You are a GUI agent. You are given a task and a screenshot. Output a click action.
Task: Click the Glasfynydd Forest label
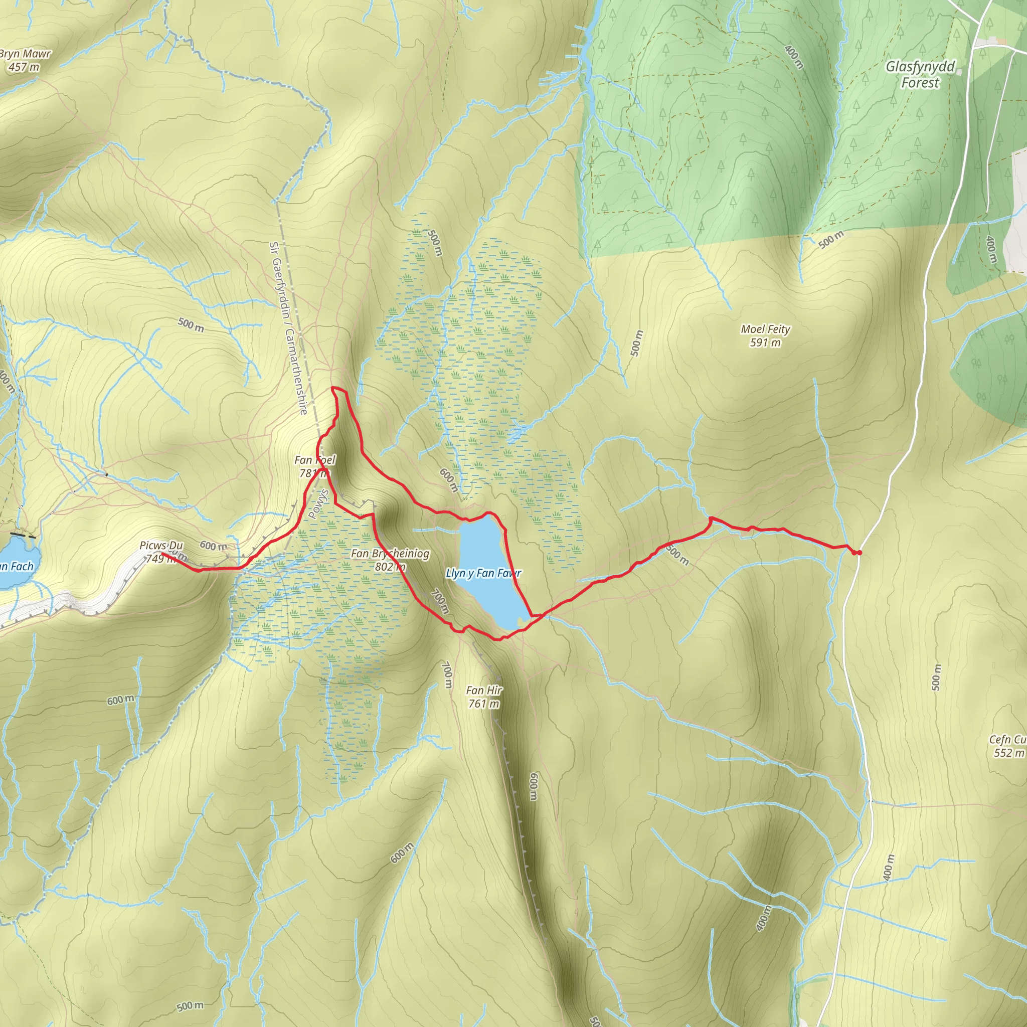920,74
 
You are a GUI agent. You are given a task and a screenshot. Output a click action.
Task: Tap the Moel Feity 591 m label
765,335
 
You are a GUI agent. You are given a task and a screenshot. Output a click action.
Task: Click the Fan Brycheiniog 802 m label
390,560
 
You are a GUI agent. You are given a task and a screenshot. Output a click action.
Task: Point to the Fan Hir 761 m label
484,697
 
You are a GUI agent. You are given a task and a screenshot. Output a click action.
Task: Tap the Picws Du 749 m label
160,551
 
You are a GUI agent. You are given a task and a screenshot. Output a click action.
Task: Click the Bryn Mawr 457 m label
25,60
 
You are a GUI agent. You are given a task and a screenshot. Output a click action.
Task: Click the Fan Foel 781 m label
315,466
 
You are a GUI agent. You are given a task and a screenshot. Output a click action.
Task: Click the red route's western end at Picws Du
161,554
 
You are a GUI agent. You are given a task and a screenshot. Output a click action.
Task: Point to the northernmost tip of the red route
332,388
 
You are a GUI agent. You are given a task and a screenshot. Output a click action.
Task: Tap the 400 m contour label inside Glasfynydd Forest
794,56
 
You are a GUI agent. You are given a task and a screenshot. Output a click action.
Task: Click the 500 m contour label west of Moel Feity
637,343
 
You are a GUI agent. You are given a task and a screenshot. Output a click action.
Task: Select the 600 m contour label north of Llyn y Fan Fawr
449,480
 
